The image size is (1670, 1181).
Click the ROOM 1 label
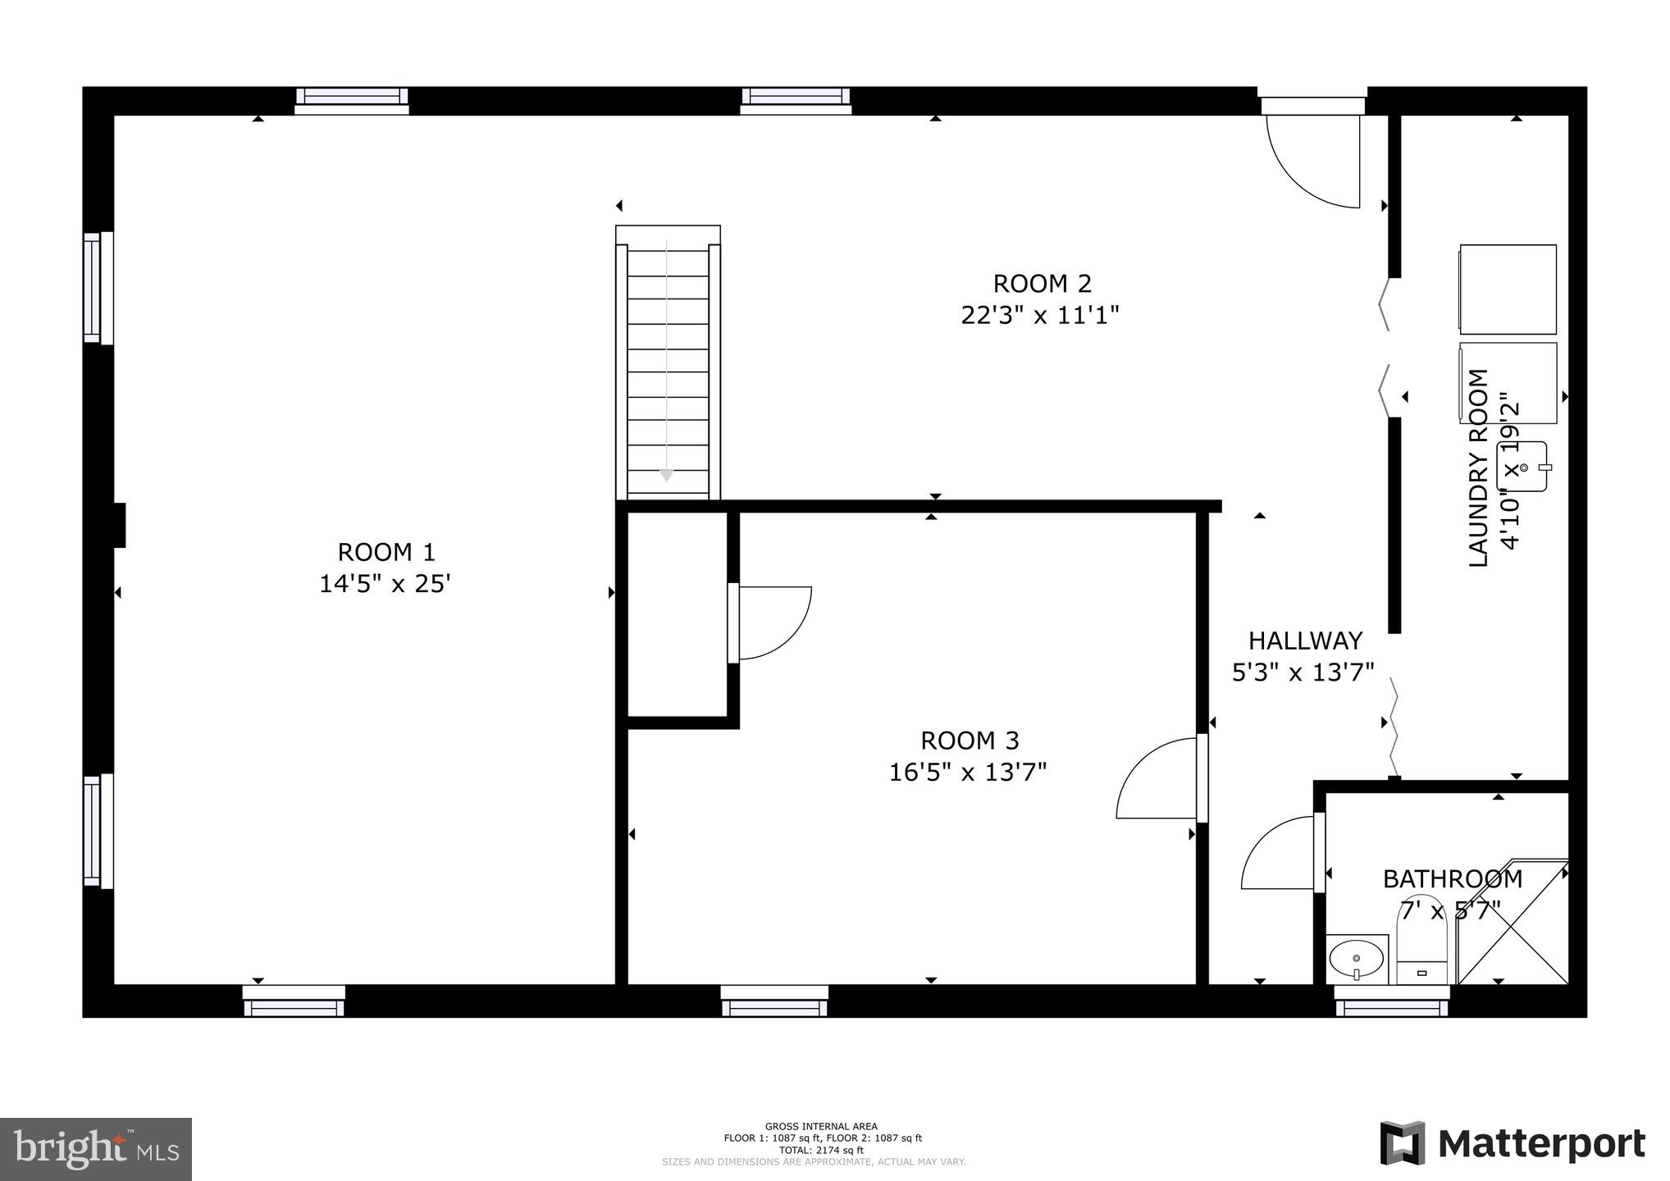click(x=386, y=552)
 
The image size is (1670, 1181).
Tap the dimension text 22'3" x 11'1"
click(x=1040, y=316)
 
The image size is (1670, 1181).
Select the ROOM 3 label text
click(x=970, y=741)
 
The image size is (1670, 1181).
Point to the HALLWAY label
click(x=1305, y=641)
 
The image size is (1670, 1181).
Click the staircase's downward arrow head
click(x=666, y=476)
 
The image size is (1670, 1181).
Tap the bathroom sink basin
click(x=1355, y=957)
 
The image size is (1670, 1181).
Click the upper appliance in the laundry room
click(x=1508, y=290)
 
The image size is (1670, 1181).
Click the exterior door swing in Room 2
click(x=1312, y=160)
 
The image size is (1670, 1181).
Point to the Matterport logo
click(x=1512, y=1143)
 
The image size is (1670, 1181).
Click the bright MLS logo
click(x=96, y=1148)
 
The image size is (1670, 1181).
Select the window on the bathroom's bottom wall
click(x=1391, y=1002)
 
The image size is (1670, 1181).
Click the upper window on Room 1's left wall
click(x=98, y=287)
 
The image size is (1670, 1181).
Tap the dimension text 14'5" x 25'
click(x=385, y=584)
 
